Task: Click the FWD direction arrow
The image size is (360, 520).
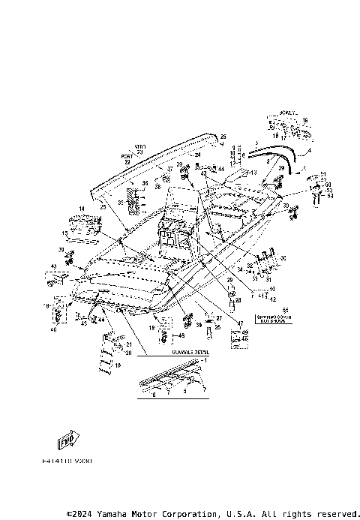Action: pyautogui.click(x=68, y=438)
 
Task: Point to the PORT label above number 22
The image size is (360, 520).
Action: pyautogui.click(x=126, y=156)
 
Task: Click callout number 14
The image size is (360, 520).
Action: pyautogui.click(x=81, y=208)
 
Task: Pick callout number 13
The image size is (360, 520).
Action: pyautogui.click(x=253, y=173)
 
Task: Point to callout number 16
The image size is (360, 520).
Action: pyautogui.click(x=304, y=120)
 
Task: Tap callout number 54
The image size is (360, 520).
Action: pyautogui.click(x=329, y=196)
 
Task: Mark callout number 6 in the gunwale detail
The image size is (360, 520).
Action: pyautogui.click(x=154, y=395)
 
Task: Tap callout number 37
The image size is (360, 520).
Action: pyautogui.click(x=169, y=170)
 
